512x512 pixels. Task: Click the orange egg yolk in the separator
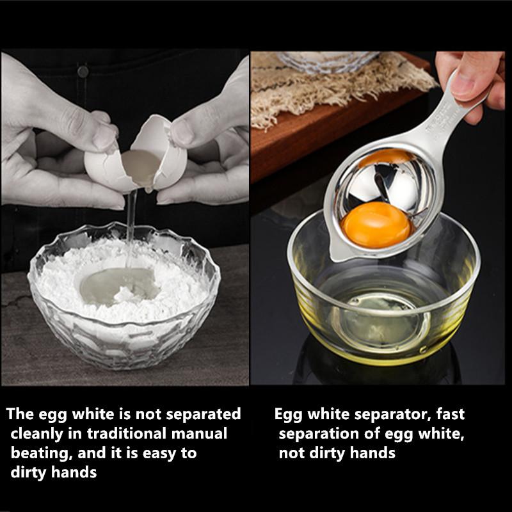(x=376, y=224)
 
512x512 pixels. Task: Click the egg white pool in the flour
(x=118, y=285)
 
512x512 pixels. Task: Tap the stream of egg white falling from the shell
(x=131, y=224)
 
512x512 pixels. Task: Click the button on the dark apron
(x=83, y=71)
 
